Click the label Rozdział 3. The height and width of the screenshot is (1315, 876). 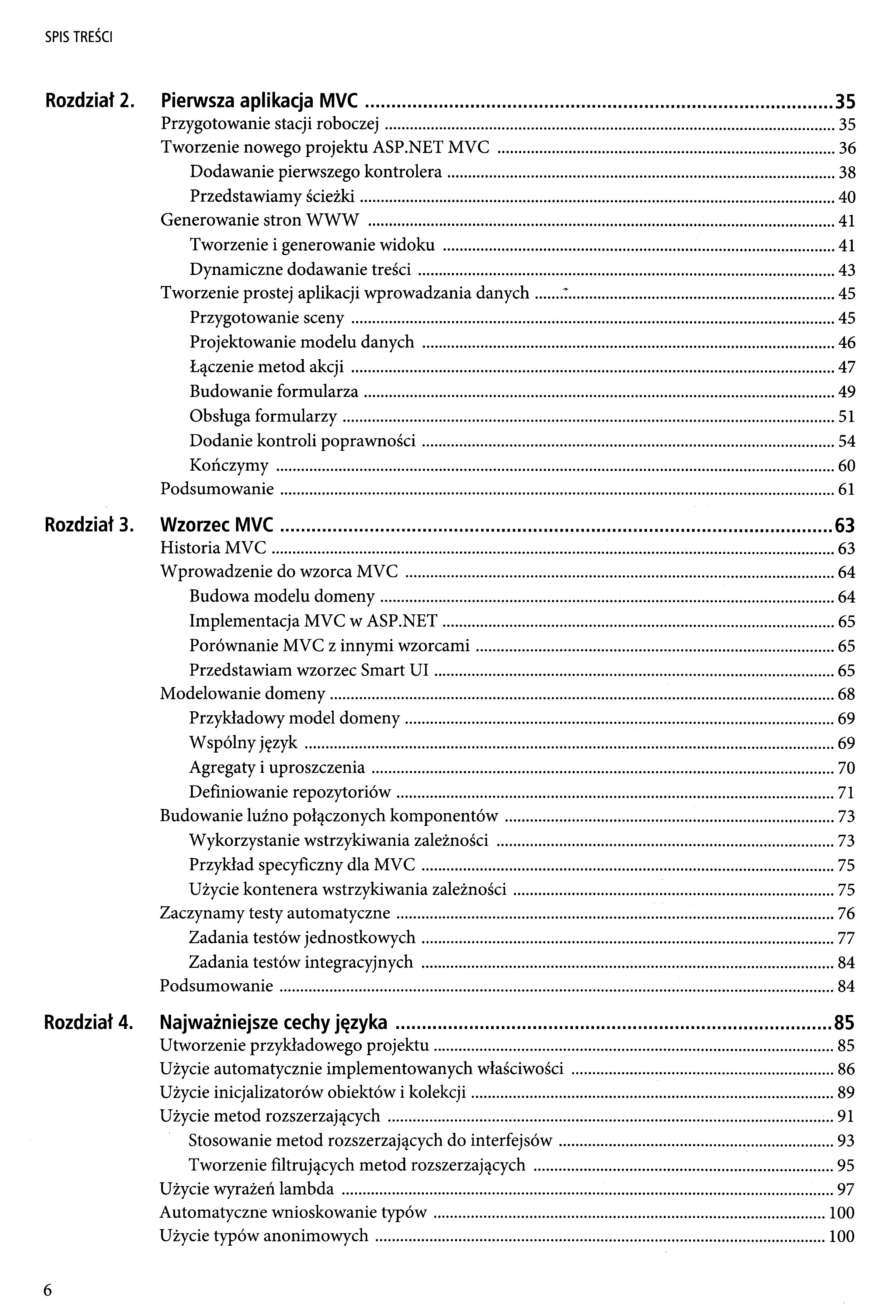tap(89, 525)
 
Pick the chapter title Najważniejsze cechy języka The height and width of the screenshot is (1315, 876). tap(273, 1022)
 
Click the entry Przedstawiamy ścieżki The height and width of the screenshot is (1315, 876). tap(272, 196)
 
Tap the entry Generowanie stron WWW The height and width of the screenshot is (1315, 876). tap(260, 220)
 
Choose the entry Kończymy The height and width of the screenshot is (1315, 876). tap(229, 465)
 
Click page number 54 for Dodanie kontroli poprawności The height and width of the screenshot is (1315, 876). tap(847, 441)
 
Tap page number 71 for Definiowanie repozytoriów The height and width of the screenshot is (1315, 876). tap(847, 792)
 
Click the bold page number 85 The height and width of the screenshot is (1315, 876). tap(844, 1022)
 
